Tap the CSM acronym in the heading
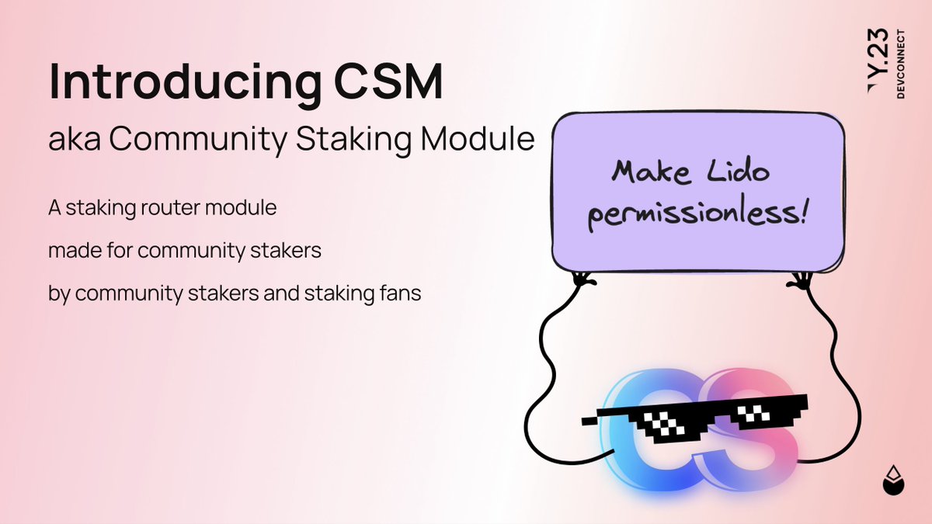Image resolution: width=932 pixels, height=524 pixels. click(x=398, y=82)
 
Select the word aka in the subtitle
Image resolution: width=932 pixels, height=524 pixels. click(x=73, y=141)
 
